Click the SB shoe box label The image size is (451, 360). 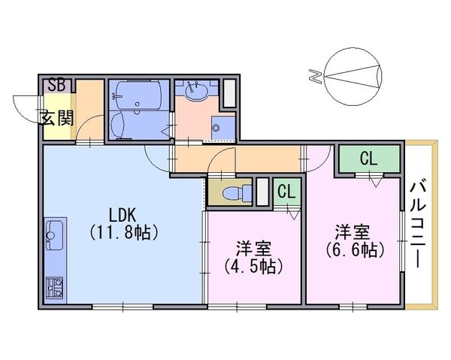coord(57,85)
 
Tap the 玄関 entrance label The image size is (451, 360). coord(57,117)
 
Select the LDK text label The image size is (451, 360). coord(123,215)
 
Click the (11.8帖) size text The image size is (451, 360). coord(124,232)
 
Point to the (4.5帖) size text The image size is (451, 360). coord(254,267)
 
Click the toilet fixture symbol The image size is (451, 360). coord(237,193)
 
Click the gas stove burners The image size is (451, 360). coord(55,288)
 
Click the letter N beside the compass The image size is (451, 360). coord(315,77)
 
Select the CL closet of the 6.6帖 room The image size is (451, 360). coord(369,159)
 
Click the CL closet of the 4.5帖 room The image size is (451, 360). coord(287,192)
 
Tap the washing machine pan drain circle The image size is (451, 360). coord(216,127)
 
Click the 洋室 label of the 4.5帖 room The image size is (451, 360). coord(254,249)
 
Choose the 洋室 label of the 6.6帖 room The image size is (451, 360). coord(353,232)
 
